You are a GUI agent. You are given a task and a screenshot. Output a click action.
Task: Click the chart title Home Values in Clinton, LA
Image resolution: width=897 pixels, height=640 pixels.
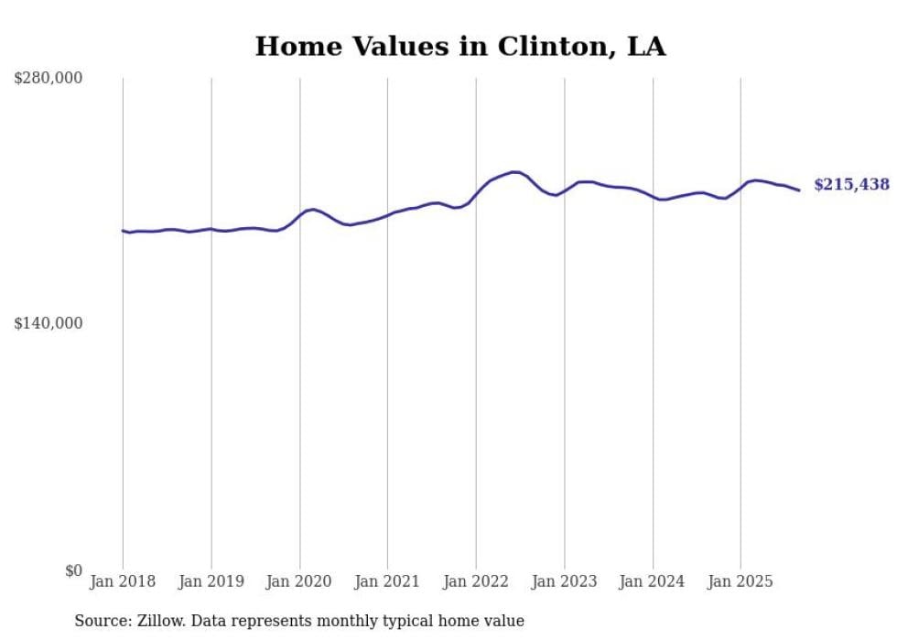pos(459,47)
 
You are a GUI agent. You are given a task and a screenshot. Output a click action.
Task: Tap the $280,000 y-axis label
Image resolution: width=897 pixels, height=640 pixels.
pos(48,79)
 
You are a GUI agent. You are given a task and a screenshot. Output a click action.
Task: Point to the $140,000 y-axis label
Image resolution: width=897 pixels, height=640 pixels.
pos(48,323)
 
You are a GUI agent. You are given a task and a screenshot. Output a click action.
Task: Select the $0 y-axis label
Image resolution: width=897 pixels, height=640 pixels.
pos(73,570)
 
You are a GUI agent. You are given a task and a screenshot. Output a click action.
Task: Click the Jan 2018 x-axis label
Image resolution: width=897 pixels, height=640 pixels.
pos(123,581)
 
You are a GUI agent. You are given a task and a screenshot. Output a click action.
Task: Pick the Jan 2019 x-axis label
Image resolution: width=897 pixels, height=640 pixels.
pos(211,581)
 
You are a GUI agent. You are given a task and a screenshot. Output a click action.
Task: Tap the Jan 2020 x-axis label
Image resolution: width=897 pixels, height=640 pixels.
pos(299,581)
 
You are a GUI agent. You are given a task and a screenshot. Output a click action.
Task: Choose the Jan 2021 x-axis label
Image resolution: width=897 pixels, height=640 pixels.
pos(387,581)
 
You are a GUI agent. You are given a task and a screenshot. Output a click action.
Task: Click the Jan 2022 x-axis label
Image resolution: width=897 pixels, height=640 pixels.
pos(476,581)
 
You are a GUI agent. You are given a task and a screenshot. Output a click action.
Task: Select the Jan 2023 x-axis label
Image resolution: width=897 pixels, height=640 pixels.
pos(564,581)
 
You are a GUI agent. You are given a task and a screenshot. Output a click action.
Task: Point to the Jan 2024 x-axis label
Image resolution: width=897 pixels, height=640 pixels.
pos(652,581)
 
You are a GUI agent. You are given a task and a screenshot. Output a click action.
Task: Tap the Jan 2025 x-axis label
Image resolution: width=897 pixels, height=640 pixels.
pos(740,581)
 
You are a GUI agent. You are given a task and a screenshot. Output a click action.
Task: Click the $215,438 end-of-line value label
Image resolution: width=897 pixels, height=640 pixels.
pos(851,185)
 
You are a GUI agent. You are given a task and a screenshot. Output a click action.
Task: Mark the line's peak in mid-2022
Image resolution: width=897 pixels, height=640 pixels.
pos(515,171)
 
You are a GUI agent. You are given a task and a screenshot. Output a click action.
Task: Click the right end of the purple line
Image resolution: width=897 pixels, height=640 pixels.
pos(799,190)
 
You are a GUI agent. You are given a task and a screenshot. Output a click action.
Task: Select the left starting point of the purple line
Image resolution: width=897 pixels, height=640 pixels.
pos(123,231)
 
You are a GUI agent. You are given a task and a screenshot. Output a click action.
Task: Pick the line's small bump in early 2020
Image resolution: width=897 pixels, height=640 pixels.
pos(313,210)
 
